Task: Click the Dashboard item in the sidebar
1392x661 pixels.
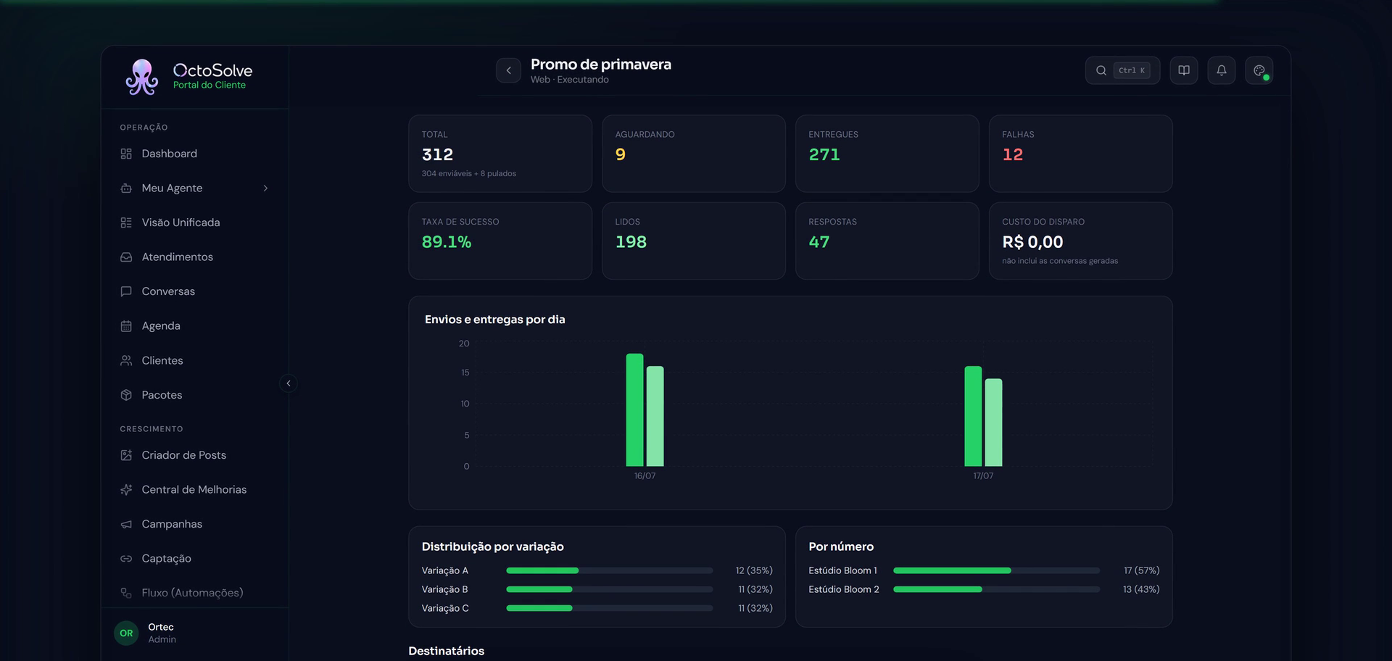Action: [169, 154]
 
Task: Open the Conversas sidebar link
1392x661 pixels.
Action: [168, 291]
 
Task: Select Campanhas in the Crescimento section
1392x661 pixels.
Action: [172, 524]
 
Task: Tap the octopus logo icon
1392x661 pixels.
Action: [141, 77]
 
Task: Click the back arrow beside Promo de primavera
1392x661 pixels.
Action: [508, 70]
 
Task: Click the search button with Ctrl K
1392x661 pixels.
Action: [1122, 70]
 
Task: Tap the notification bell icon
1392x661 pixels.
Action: [1222, 70]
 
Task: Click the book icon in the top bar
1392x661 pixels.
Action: [1184, 70]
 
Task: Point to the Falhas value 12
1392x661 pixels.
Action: [1012, 154]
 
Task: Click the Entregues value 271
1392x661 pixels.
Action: [824, 154]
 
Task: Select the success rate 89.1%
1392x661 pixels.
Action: [447, 242]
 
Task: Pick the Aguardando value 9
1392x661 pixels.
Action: [621, 154]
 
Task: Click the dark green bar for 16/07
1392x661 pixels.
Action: [634, 410]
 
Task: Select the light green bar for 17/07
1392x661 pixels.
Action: [993, 423]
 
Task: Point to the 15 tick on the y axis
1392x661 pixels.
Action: [465, 373]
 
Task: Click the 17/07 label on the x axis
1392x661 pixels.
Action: [983, 476]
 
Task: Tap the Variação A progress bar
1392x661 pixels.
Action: [610, 570]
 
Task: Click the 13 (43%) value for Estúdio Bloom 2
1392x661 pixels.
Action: [1141, 589]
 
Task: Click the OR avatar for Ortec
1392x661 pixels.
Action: [126, 633]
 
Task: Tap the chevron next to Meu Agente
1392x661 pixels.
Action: [265, 188]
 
